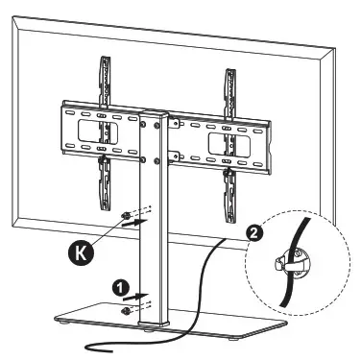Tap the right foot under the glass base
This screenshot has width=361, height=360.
click(253, 330)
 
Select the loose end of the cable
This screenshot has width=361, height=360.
click(89, 347)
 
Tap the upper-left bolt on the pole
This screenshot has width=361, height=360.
click(145, 122)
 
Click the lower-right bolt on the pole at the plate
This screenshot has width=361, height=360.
click(170, 159)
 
